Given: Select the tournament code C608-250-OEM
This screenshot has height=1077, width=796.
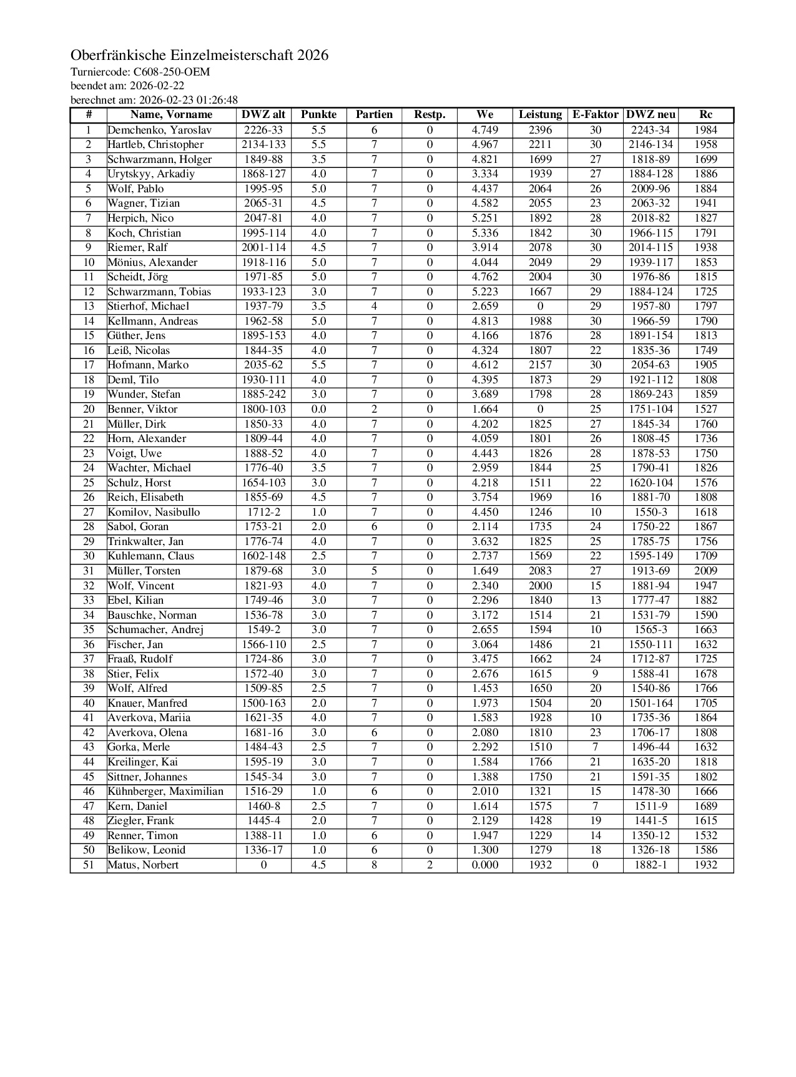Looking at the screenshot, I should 172,72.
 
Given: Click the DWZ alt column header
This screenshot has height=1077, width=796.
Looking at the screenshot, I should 263,115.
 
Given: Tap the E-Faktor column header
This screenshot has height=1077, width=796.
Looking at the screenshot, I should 595,115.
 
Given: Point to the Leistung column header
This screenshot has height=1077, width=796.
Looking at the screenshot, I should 540,115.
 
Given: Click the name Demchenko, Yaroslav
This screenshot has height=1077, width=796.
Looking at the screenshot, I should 160,130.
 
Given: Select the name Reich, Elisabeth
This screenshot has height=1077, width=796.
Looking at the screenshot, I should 146,498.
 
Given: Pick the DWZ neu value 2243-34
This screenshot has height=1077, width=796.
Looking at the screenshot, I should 650,130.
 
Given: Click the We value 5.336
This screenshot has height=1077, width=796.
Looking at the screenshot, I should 484,234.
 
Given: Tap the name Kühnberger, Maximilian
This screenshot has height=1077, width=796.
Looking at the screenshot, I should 165,792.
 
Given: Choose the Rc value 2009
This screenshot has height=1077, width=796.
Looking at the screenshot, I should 705,571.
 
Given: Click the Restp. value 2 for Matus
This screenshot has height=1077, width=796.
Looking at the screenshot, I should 430,865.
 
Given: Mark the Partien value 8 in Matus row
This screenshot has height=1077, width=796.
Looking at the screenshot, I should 374,865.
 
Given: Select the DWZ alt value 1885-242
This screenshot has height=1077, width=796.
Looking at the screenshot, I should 263,395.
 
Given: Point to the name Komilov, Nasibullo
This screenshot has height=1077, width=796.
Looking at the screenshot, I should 154,513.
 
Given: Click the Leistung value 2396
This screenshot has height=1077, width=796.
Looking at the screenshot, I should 540,130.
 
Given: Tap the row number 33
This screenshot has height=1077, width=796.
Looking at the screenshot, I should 89,601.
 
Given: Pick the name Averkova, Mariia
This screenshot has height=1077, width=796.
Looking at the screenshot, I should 149,718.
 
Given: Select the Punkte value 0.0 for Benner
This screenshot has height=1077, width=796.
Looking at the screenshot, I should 318,410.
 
